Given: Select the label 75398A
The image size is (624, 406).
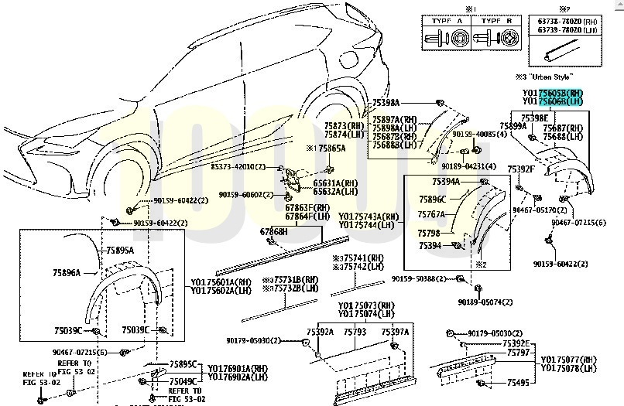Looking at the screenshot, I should click(x=386, y=103).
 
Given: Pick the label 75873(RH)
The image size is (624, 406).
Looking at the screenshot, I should click(x=345, y=125).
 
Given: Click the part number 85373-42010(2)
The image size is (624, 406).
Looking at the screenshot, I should click(x=237, y=167).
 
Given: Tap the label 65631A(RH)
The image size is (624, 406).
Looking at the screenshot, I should click(x=331, y=183).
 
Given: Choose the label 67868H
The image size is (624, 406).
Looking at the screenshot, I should click(x=274, y=231).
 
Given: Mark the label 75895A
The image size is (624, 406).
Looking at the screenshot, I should click(x=120, y=250).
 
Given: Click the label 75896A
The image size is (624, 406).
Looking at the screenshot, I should click(x=67, y=272).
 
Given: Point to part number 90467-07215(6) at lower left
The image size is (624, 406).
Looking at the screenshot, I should click(x=80, y=353).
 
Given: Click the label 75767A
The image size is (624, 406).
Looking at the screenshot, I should click(x=431, y=214).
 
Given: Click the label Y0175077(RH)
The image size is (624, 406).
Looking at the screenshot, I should click(x=569, y=359).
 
